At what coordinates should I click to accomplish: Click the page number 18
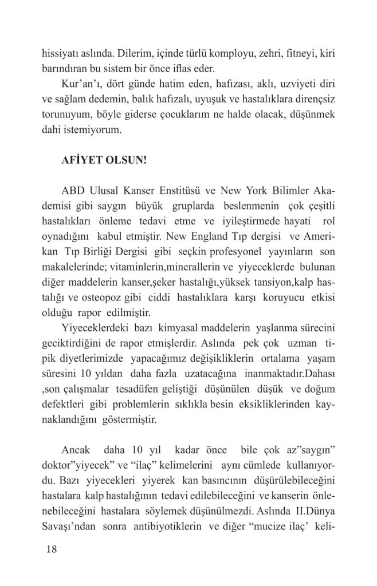click(51, 550)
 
